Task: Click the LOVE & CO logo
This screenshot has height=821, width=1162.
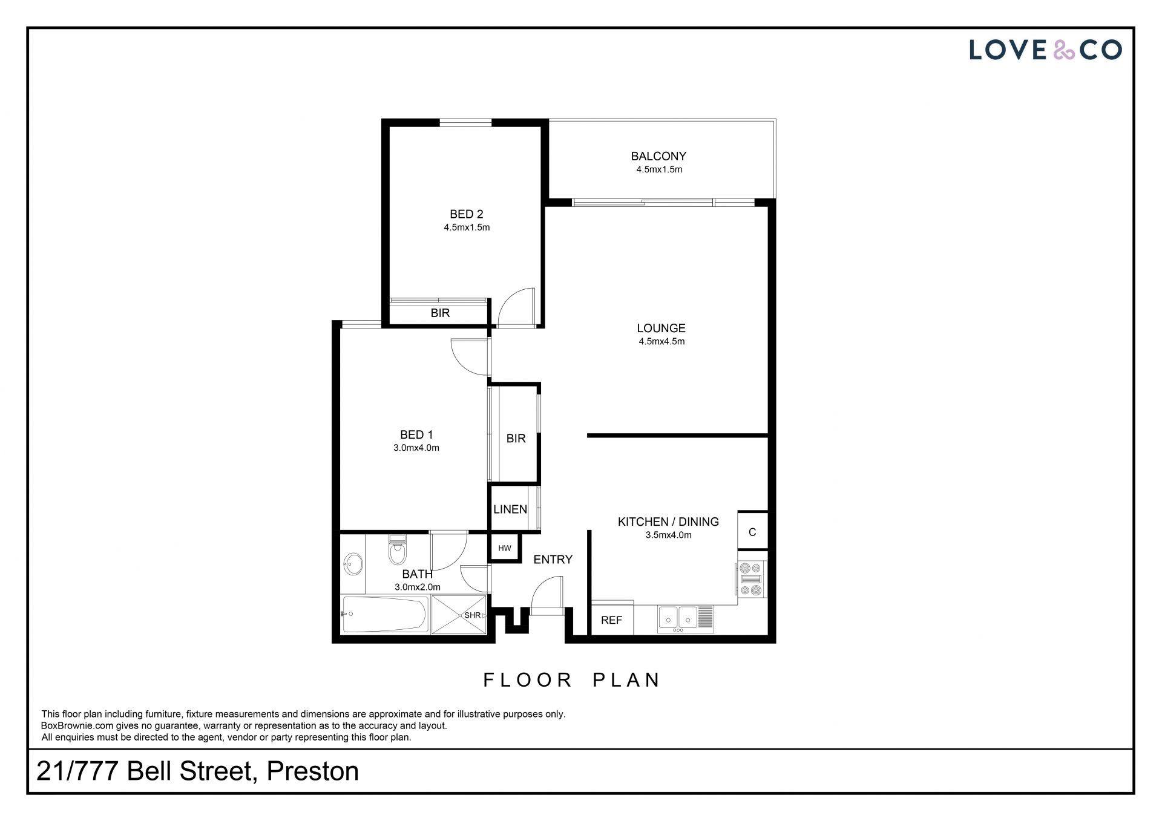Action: (1045, 50)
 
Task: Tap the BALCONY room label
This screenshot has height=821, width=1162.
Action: (658, 156)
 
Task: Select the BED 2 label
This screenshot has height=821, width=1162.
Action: (466, 214)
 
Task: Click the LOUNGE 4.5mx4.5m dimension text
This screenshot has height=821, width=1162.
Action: (661, 341)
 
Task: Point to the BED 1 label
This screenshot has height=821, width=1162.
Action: (416, 434)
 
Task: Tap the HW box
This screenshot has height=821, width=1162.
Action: (505, 548)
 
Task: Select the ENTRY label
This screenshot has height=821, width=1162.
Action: (553, 560)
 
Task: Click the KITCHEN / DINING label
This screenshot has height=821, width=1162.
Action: (668, 522)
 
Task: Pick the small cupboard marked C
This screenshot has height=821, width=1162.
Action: (752, 532)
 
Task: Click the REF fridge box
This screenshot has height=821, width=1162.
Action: (612, 619)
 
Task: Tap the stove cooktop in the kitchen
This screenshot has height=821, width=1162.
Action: (751, 580)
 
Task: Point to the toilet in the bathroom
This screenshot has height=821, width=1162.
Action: (397, 550)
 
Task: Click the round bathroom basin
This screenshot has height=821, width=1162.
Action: (352, 565)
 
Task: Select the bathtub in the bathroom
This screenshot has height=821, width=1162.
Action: (386, 615)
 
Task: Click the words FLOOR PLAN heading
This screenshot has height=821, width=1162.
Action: (572, 680)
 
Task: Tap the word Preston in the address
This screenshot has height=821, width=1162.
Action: (313, 771)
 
